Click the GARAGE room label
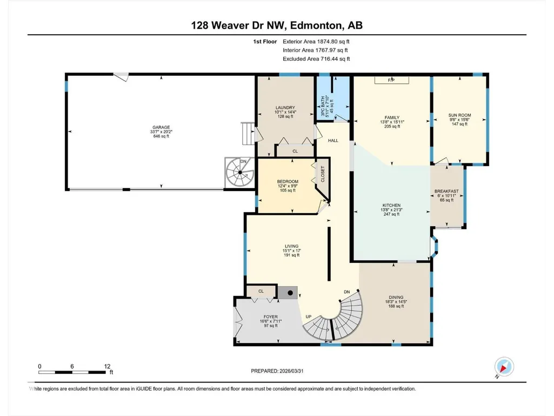pos(161,127)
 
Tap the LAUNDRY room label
pos(285,108)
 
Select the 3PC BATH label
pos(323,107)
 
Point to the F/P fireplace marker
pos(391,80)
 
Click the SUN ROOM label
pos(459,115)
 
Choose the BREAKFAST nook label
pos(446,192)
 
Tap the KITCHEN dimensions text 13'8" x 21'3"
pos(391,210)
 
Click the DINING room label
pos(396,298)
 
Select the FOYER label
pos(271,317)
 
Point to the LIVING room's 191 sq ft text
pos(292,255)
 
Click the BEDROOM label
pos(288,182)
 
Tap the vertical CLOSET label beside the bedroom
pos(323,174)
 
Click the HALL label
pos(333,141)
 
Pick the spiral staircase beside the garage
pos(240,173)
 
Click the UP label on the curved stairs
pos(309,317)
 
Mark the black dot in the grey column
pos(290,293)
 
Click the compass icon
pos(504,367)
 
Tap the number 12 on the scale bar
pos(108,366)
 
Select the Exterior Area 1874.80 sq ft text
pos(316,42)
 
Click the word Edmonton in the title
pos(317,25)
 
